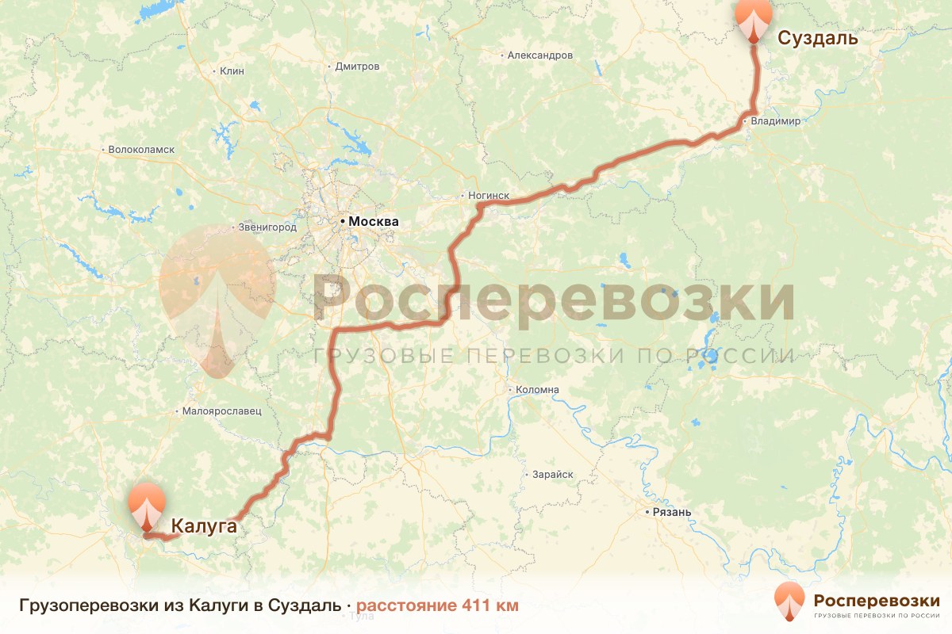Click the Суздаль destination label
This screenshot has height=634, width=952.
click(x=817, y=38)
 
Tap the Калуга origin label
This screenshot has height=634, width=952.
click(x=204, y=524)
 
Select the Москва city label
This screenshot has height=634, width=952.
click(x=373, y=222)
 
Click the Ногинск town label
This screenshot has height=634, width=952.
click(x=488, y=196)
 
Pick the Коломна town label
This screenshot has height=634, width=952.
click(x=537, y=390)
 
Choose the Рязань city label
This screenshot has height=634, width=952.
click(x=672, y=512)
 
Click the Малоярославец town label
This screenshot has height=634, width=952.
click(x=221, y=411)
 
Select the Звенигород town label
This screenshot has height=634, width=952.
click(x=267, y=227)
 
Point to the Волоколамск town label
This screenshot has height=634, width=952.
click(x=141, y=149)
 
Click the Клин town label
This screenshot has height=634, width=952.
click(x=232, y=71)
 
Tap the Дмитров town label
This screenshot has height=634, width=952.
click(x=357, y=67)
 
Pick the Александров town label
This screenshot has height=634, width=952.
click(x=539, y=55)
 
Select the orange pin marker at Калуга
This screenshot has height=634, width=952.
click(x=147, y=506)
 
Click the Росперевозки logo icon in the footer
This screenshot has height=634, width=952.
click(x=789, y=601)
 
